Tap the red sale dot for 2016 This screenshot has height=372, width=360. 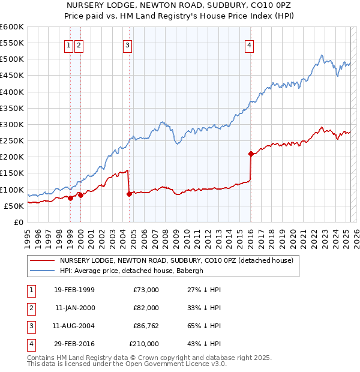[250, 154]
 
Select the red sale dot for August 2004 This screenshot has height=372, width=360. [129, 194]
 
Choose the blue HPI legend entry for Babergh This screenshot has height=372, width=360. [131, 271]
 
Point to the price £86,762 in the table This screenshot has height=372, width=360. [144, 326]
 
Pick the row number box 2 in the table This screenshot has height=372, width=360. [29, 308]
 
